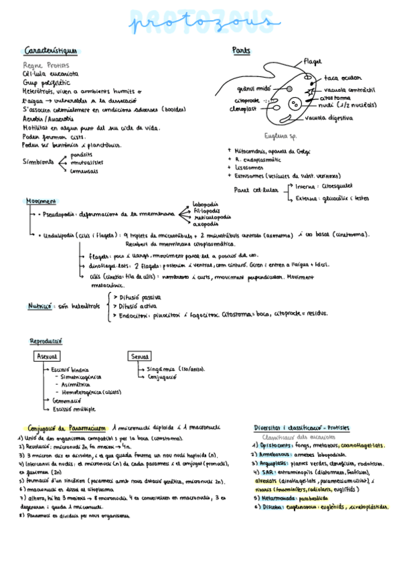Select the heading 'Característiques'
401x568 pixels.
pyautogui.click(x=51, y=51)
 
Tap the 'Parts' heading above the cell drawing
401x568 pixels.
pyautogui.click(x=242, y=51)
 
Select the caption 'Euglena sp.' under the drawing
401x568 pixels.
pyautogui.click(x=280, y=135)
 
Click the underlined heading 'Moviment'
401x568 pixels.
pyautogui.click(x=42, y=201)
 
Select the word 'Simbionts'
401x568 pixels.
pyautogui.click(x=39, y=161)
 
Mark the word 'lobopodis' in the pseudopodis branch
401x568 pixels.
pyautogui.click(x=206, y=204)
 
